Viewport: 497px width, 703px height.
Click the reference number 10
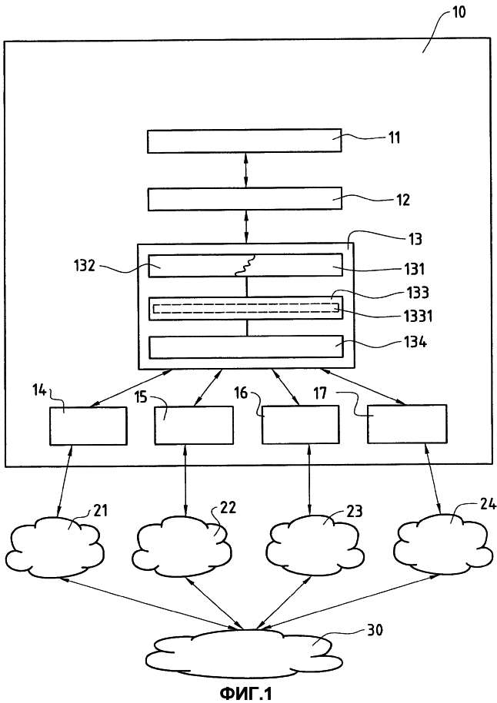(459, 12)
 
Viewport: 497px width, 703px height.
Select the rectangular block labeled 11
(244, 141)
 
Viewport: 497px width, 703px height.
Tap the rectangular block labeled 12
(245, 199)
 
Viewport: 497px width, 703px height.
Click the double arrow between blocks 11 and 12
(245, 170)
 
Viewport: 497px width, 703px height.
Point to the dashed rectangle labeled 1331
(246, 308)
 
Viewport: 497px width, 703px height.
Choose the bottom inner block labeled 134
(245, 347)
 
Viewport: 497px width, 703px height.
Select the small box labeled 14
(88, 426)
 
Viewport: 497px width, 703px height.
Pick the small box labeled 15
(194, 425)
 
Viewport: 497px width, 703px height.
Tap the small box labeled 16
(300, 425)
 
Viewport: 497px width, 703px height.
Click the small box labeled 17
(407, 423)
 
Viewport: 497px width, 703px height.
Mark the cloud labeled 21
(56, 546)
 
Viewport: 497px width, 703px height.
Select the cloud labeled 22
(184, 545)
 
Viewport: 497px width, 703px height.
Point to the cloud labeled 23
(314, 545)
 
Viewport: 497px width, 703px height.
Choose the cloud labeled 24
(442, 543)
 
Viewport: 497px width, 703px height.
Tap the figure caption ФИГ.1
(245, 694)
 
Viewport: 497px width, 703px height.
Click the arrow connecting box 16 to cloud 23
(309, 479)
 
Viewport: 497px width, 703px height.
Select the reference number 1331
(417, 316)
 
